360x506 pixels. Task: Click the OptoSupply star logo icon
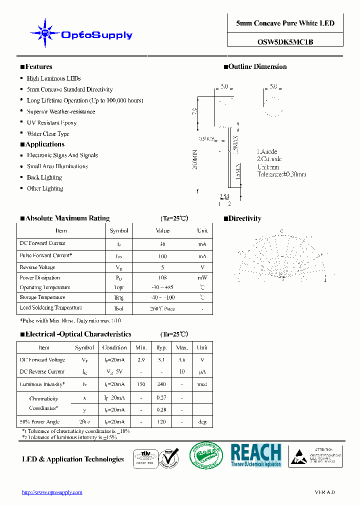pyautogui.click(x=45, y=33)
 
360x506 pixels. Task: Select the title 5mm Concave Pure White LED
pyautogui.click(x=285, y=23)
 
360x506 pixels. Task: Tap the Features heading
pyautogui.click(x=38, y=67)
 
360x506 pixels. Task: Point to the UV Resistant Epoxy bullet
pyautogui.click(x=51, y=122)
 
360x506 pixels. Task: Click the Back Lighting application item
pyautogui.click(x=44, y=177)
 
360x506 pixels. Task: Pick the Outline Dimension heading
pyautogui.click(x=257, y=67)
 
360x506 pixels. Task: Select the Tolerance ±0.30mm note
pyautogui.click(x=281, y=174)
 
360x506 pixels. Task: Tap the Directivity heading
pyautogui.click(x=244, y=218)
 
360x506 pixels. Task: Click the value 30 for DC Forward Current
pyautogui.click(x=162, y=244)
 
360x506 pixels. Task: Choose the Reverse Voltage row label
pyautogui.click(x=37, y=267)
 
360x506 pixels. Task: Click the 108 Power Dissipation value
pyautogui.click(x=162, y=278)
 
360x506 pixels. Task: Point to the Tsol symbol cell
pyautogui.click(x=119, y=309)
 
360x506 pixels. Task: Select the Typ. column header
pyautogui.click(x=161, y=347)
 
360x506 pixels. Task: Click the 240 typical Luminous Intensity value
pyautogui.click(x=161, y=384)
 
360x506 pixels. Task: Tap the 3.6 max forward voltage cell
pyautogui.click(x=182, y=360)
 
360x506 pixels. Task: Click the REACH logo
pyautogui.click(x=255, y=455)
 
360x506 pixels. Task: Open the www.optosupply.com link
pyautogui.click(x=52, y=492)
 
